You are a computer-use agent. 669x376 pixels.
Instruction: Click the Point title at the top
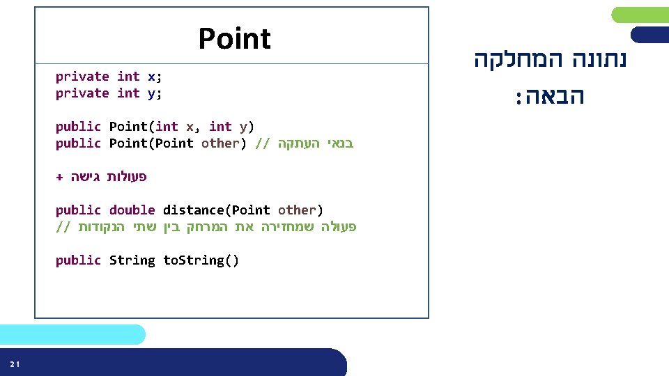tap(234, 39)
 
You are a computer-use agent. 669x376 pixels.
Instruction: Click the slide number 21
tap(15, 364)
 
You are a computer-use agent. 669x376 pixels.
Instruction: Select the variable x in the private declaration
tap(151, 77)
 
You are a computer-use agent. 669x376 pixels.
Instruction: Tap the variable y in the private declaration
tap(151, 93)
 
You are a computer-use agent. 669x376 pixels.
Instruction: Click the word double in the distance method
tap(132, 210)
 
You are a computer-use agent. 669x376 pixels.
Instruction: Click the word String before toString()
tap(132, 260)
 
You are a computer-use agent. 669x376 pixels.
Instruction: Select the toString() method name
tap(201, 260)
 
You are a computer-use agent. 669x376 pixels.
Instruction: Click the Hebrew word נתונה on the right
tap(599, 60)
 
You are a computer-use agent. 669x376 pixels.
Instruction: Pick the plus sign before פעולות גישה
tap(59, 177)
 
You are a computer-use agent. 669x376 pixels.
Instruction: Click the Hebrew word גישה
tap(85, 177)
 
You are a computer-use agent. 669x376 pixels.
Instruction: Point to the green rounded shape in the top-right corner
tap(640, 15)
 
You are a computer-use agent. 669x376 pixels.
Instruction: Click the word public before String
tap(78, 260)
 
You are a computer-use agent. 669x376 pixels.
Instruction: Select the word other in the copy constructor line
tap(220, 143)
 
